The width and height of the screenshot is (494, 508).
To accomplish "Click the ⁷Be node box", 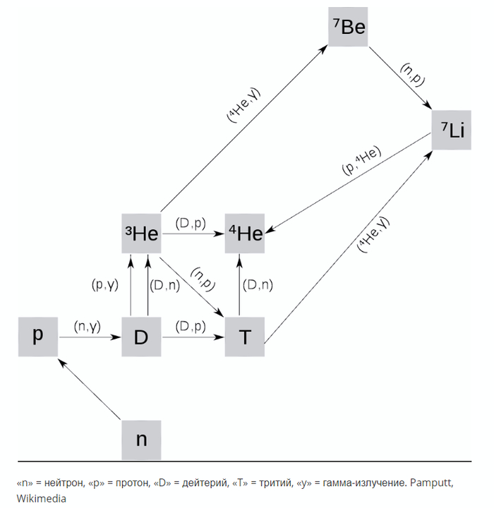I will [x=348, y=28].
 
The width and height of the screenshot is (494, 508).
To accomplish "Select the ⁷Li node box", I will [x=452, y=130].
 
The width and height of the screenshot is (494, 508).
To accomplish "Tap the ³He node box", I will [x=140, y=234].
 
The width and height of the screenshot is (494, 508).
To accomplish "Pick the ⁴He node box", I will [x=244, y=234].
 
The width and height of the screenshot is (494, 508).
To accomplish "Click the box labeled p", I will [x=38, y=337].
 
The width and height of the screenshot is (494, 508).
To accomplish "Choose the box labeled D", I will [x=141, y=337].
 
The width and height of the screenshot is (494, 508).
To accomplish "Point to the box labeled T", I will [x=244, y=337].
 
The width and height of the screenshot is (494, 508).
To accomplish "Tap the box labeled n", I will [x=141, y=439].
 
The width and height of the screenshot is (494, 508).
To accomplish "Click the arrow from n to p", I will [x=90, y=388].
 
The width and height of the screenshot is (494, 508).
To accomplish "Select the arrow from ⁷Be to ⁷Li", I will [x=400, y=78].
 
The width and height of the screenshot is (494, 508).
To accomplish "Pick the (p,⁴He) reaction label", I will [x=361, y=161].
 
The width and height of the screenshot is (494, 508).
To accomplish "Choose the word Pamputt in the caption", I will [x=431, y=483].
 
